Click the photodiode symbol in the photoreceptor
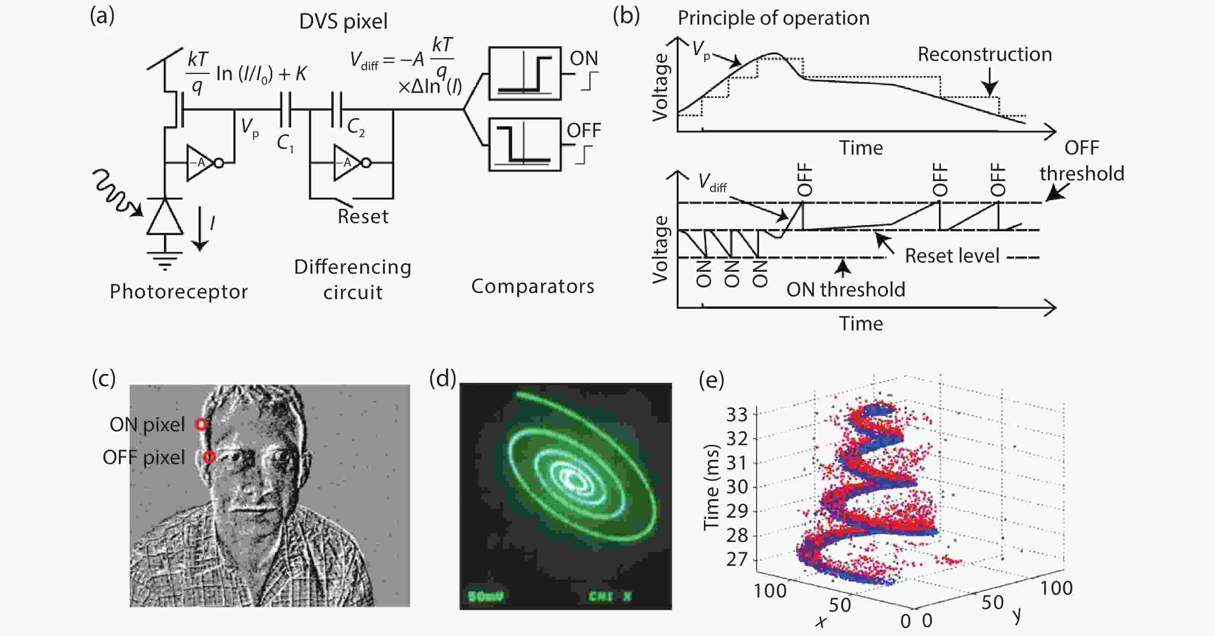coord(165,217)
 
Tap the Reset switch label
coord(363,216)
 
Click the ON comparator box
coord(525,73)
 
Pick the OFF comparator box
coord(525,144)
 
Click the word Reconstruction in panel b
coord(984,55)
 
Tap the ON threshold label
coord(846,289)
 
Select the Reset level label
coord(952,256)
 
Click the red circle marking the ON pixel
coord(201,424)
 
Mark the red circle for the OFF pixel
coord(209,457)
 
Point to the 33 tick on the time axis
coord(737,415)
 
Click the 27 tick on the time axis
coord(737,560)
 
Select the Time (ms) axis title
coord(711,488)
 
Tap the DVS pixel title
coord(343,21)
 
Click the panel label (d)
coord(442,378)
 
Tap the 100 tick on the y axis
coord(1056,588)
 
